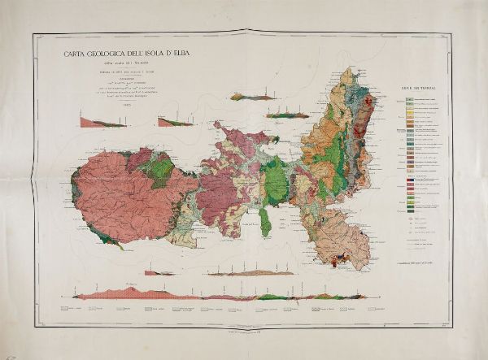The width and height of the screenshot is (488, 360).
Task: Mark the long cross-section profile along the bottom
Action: point(244,297)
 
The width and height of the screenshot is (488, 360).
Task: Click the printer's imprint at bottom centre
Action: point(244,326)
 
